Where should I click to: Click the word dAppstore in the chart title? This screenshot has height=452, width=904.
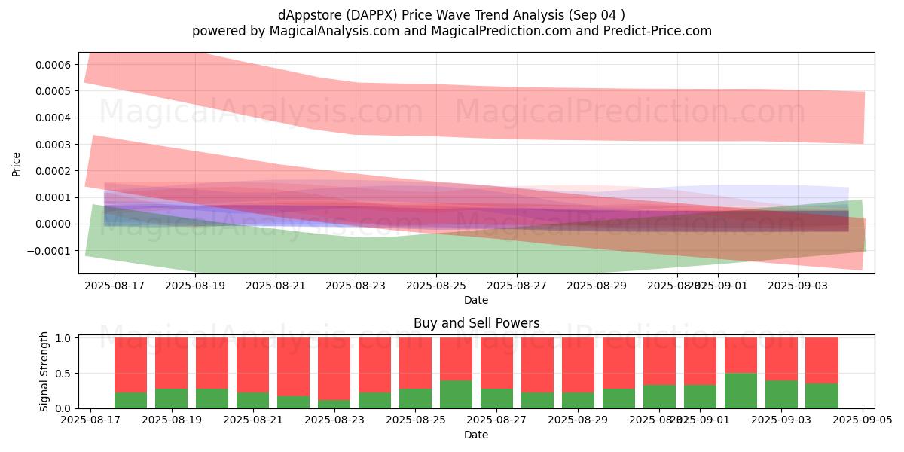click(x=310, y=15)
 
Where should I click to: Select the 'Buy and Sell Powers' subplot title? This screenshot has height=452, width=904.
click(x=476, y=323)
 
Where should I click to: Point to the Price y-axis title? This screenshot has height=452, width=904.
click(x=17, y=163)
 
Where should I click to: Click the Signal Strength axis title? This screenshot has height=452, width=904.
click(x=44, y=371)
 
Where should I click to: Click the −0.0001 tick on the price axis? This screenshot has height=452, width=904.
click(x=50, y=250)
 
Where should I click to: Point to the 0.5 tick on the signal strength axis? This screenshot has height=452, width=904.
click(x=63, y=373)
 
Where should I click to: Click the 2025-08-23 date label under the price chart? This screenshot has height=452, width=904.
click(x=356, y=286)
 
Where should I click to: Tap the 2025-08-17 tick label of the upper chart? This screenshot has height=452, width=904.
click(x=115, y=286)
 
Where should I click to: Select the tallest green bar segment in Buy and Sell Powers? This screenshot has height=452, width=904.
click(x=741, y=390)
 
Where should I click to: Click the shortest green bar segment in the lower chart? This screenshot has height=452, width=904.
click(x=334, y=404)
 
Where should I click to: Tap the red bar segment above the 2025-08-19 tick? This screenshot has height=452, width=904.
click(x=172, y=363)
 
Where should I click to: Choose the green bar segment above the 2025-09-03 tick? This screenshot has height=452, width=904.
click(x=781, y=394)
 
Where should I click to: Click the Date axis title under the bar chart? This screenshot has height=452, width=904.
click(x=476, y=435)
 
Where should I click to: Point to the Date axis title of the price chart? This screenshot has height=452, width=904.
click(x=476, y=300)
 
